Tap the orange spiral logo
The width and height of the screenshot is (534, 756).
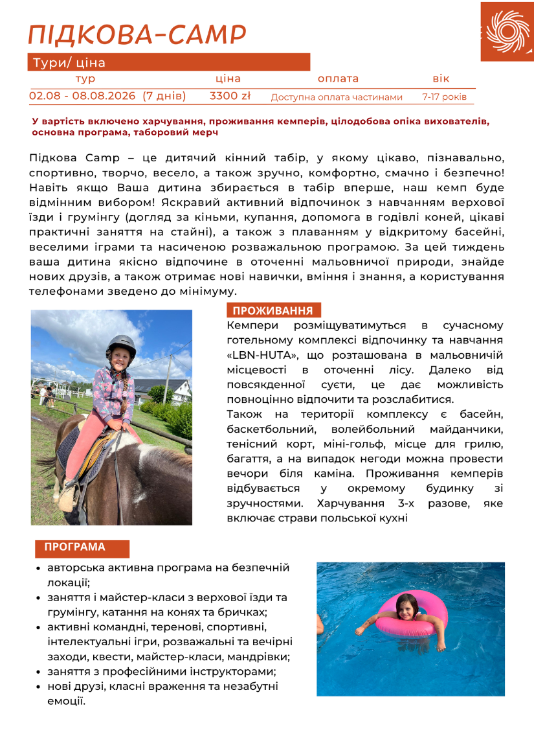507,31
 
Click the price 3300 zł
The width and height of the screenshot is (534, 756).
230,97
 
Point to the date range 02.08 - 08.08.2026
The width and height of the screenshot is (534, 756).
83,97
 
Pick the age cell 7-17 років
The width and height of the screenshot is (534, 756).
444,97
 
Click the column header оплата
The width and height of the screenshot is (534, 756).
337,78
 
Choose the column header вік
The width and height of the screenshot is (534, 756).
441,78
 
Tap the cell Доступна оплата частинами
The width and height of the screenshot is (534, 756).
337,97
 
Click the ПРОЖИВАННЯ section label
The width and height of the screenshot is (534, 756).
273,310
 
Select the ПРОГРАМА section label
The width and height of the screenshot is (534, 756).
75,547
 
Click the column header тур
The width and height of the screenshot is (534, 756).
85,78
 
